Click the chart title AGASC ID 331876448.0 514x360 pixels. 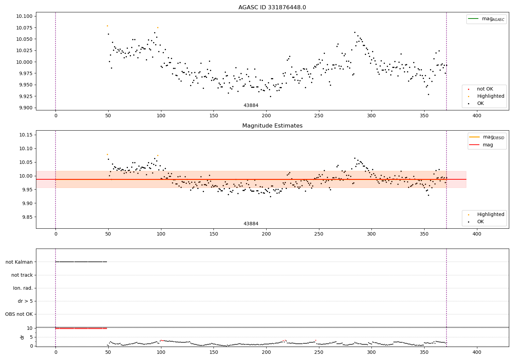click(272, 8)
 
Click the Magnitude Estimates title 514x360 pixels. click(272, 126)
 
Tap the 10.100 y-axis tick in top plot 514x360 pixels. click(24, 16)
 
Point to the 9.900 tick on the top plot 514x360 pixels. click(24, 108)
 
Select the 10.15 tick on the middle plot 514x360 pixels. click(26, 135)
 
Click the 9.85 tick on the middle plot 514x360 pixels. click(26, 217)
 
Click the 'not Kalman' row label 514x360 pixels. click(19, 262)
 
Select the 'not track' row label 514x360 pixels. click(22, 275)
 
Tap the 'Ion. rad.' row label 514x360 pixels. click(23, 288)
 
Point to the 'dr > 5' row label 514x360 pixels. click(25, 301)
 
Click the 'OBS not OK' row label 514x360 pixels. click(19, 314)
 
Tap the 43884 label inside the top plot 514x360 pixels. click(251, 105)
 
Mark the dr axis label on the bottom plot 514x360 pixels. click(22, 337)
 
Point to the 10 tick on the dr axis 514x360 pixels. click(29, 328)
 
